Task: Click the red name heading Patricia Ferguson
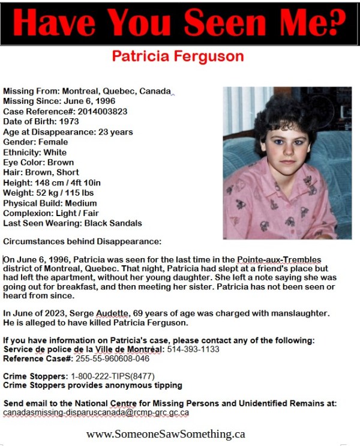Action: tap(178, 56)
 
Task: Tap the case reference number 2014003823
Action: tap(89, 112)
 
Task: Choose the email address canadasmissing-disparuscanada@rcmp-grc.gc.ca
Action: tap(95, 413)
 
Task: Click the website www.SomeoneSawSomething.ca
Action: tap(166, 434)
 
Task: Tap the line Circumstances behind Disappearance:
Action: tap(82, 242)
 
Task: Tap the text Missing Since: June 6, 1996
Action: tap(58, 101)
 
